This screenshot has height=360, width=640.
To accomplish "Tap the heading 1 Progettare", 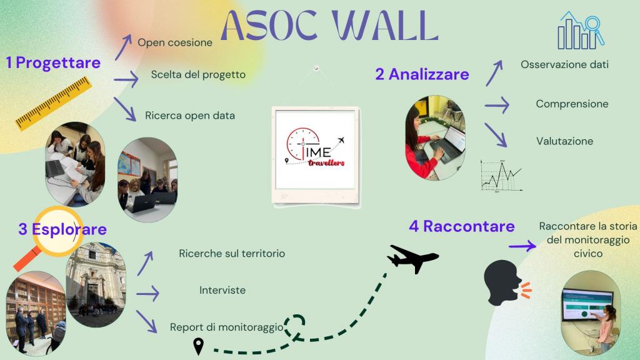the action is (x=53, y=63).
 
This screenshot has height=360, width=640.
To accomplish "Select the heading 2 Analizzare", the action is (x=422, y=74).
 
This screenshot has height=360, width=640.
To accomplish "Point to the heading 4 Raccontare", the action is (x=462, y=226).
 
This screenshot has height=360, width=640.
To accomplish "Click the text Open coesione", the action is (x=175, y=42).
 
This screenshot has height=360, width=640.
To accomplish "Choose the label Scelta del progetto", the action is (x=198, y=75).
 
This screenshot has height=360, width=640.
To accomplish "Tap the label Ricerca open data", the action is (x=190, y=116).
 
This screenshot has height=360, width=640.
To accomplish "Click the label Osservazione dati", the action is (x=564, y=64).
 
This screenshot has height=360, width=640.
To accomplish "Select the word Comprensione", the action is (x=572, y=104).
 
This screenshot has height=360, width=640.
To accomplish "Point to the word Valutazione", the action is (x=564, y=141).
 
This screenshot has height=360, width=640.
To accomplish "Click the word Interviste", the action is (x=222, y=290).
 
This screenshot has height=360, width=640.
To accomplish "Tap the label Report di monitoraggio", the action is (x=226, y=327).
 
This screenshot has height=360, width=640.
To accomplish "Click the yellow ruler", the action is (x=54, y=104).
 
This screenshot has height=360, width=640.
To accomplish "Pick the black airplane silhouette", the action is (x=412, y=258).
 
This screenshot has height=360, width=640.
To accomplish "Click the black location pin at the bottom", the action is (x=198, y=346).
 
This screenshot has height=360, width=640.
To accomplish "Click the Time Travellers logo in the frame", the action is (x=315, y=149).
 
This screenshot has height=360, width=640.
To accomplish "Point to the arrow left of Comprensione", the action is (x=497, y=105).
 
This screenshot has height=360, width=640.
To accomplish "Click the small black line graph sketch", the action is (x=501, y=176).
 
